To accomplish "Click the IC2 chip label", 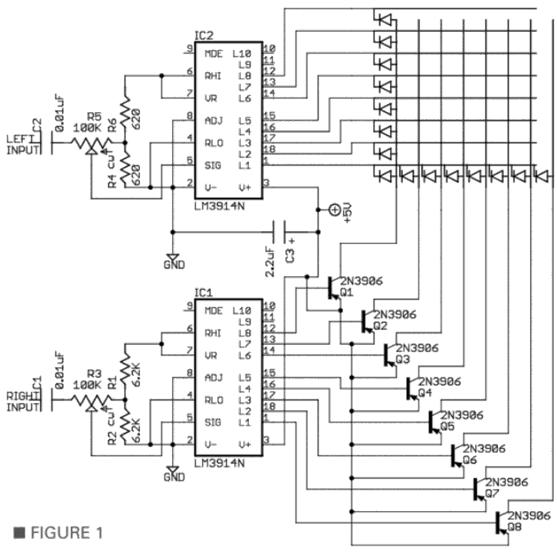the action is (x=204, y=35).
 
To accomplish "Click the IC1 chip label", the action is (x=204, y=292).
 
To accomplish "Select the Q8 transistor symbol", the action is (x=502, y=523).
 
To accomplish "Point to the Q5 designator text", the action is (x=447, y=426).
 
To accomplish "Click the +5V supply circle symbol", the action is (x=334, y=210).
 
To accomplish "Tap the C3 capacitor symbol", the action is (x=279, y=232).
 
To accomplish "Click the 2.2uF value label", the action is (x=270, y=262).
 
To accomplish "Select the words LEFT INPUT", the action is (x=23, y=145).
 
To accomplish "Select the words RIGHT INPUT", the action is (x=23, y=401).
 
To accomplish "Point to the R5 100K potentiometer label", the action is (x=88, y=122).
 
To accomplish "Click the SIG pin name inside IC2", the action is (x=213, y=165).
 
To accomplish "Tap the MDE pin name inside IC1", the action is (x=214, y=311).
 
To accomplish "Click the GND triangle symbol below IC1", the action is (x=173, y=469).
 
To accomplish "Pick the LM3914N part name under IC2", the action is (x=220, y=206).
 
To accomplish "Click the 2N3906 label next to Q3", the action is (x=418, y=348).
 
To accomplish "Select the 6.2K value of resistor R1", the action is (x=137, y=374).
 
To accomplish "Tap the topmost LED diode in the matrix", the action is (x=385, y=19).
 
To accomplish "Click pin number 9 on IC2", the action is (x=189, y=48).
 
